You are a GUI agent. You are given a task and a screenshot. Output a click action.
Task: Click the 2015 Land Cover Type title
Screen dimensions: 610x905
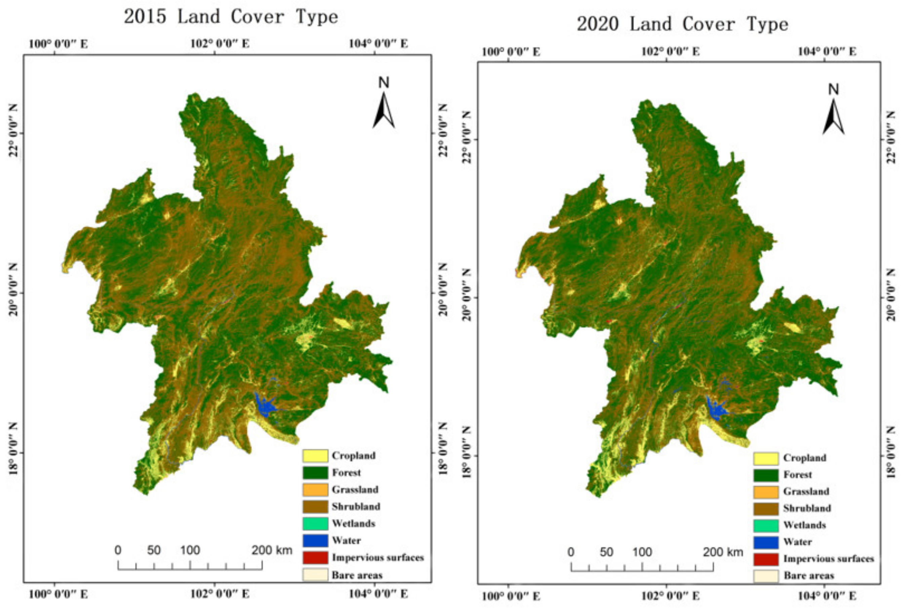tap(231, 17)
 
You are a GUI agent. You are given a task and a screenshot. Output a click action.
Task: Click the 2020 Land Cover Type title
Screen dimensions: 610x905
tap(682, 24)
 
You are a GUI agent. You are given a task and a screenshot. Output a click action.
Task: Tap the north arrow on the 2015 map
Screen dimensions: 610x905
tap(384, 105)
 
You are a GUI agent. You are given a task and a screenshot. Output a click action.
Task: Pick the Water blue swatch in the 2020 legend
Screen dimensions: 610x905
tap(765, 542)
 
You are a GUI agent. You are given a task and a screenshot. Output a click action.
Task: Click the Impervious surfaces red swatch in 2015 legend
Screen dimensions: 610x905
tap(315, 558)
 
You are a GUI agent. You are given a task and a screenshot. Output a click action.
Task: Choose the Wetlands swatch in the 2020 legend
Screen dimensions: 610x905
tap(765, 526)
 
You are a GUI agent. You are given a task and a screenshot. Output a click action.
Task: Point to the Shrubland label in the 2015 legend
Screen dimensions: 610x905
tap(356, 507)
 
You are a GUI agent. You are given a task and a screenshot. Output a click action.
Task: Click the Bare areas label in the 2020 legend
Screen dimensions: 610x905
tap(809, 576)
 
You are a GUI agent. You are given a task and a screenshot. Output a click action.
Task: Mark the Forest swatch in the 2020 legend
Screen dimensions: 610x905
tap(765, 475)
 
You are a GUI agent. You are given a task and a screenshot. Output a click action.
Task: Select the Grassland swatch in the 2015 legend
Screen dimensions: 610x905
tap(315, 490)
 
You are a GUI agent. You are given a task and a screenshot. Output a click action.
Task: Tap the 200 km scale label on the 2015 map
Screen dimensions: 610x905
tap(271, 550)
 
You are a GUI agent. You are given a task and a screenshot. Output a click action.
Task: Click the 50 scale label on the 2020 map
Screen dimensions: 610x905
tap(606, 552)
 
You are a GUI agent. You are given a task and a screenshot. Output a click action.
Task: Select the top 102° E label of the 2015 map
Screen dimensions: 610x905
tap(220, 43)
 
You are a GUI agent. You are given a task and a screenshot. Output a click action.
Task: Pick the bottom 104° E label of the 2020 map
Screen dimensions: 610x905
tap(827, 596)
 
